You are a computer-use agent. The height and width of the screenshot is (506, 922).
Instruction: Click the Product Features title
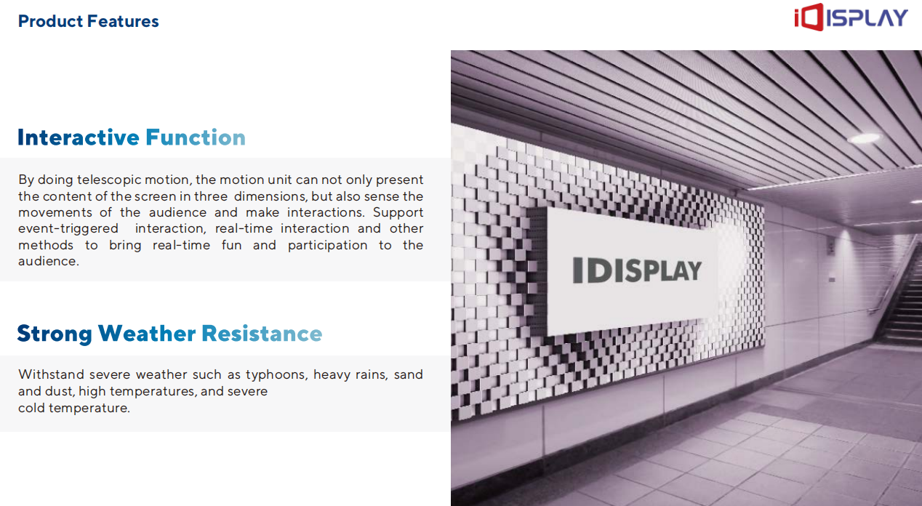pos(88,21)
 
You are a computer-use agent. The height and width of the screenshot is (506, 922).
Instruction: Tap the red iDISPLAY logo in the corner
pos(851,17)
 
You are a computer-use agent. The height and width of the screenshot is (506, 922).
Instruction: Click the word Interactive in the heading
pos(79,137)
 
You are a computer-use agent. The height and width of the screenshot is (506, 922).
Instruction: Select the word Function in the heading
pos(196,137)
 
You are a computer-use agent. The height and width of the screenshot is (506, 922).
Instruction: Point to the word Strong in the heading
pos(55,334)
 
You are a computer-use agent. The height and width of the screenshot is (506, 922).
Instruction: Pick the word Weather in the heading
pos(147,333)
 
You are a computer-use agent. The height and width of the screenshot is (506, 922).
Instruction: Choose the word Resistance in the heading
pos(262,333)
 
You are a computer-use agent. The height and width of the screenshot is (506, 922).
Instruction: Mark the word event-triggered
pos(68,229)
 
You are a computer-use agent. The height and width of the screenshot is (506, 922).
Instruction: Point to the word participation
pos(328,245)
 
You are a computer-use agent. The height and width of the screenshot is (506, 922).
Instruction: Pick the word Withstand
pos(51,374)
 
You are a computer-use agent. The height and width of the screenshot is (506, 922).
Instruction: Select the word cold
pos(31,408)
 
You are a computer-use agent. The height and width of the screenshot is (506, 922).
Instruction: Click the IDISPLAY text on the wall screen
pos(637,270)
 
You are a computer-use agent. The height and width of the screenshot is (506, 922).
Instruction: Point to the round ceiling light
pos(865,138)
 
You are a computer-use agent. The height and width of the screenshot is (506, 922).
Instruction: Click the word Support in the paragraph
pos(398,213)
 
